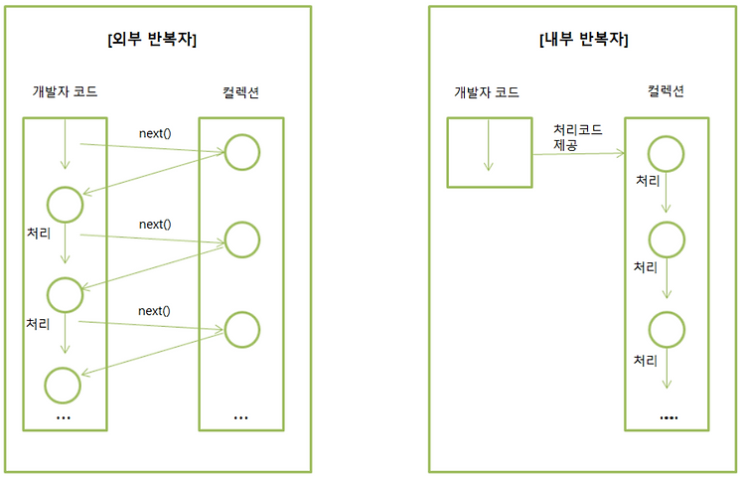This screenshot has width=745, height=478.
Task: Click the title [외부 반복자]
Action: click(x=152, y=40)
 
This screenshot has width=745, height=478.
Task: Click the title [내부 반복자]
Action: click(x=585, y=40)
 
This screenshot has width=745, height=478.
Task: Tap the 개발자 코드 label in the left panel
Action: click(x=65, y=93)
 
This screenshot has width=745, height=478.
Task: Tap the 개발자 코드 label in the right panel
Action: click(x=487, y=93)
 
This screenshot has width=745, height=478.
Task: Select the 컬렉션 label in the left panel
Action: click(x=242, y=93)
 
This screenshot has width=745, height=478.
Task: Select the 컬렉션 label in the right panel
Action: click(x=665, y=93)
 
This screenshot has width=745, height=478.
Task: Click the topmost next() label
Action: click(x=155, y=132)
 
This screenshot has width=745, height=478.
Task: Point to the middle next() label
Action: click(x=155, y=225)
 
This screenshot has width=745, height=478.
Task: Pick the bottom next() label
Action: click(x=155, y=311)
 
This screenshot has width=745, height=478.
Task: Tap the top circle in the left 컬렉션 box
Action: click(x=241, y=151)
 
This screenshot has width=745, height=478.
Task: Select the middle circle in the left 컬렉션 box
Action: click(x=241, y=239)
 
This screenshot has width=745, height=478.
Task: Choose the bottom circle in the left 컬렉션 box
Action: click(x=241, y=329)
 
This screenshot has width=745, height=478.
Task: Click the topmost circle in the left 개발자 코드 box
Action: click(x=65, y=204)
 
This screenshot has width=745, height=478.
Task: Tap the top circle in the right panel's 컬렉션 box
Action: click(x=666, y=152)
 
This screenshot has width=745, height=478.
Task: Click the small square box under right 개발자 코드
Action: click(x=487, y=152)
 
